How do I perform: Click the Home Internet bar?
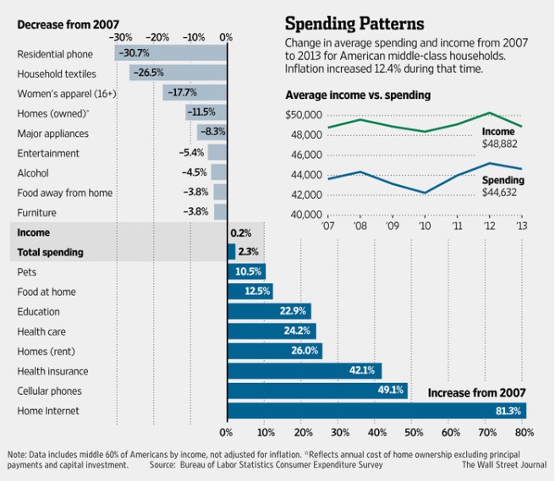(376, 411)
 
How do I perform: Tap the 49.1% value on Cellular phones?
(393, 391)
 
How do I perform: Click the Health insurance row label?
(52, 371)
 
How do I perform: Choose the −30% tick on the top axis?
(120, 37)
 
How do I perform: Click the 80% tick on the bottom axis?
(524, 433)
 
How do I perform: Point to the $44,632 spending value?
(503, 193)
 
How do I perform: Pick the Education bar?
(269, 311)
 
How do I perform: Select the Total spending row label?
(50, 252)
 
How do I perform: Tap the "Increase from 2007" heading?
(477, 392)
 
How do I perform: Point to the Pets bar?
(246, 272)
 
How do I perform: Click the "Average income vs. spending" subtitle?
(358, 95)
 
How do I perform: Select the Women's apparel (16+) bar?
(195, 94)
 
